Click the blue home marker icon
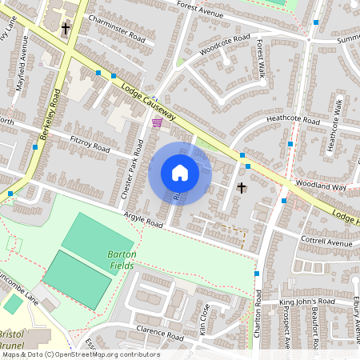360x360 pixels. pos(180,173)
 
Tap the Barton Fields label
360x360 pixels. pos(122,261)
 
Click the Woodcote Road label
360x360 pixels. pos(225,43)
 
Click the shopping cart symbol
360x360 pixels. pos(157,122)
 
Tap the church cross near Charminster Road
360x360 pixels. pos(66,30)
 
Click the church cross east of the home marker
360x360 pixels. pos(242,187)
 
